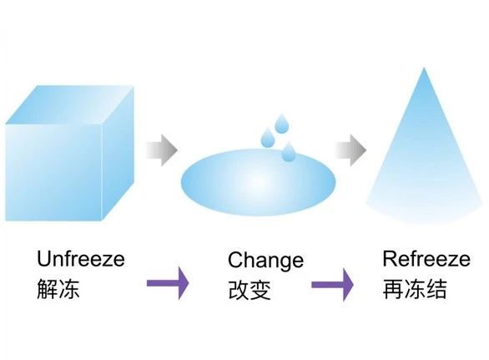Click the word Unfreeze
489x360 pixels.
[81, 259]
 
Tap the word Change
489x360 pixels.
[265, 261]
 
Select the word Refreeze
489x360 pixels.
[426, 259]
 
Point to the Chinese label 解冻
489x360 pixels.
[58, 289]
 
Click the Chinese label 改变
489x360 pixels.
[250, 290]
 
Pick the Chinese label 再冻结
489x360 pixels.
[415, 289]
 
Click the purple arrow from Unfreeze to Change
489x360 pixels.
[168, 283]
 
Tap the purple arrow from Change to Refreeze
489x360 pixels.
[332, 285]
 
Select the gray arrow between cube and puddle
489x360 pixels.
[162, 150]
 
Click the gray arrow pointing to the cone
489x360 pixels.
[350, 150]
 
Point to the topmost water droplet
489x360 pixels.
[281, 124]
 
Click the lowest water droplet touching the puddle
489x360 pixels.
[289, 151]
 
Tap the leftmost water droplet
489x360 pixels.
[268, 137]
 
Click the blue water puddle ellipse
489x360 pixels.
[258, 182]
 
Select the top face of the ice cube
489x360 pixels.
[70, 105]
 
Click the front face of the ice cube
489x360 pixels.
[54, 172]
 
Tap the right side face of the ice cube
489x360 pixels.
[118, 154]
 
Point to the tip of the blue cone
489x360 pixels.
[424, 68]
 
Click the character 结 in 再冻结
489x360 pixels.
[436, 289]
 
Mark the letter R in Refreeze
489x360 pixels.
[389, 259]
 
